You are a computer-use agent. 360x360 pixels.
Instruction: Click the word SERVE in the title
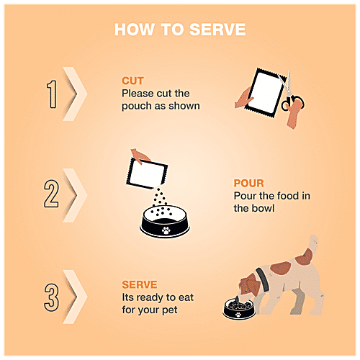click(217, 30)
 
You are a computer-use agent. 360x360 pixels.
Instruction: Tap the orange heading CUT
click(132, 81)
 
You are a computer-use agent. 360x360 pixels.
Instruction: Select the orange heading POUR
click(248, 183)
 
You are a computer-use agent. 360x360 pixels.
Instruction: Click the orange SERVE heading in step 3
click(140, 284)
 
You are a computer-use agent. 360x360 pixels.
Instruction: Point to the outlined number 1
click(53, 94)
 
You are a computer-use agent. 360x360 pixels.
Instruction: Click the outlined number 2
click(51, 194)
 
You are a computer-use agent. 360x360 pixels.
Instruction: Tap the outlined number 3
click(51, 297)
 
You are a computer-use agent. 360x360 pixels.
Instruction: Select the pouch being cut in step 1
click(265, 93)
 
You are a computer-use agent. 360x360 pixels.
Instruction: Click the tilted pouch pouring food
click(147, 174)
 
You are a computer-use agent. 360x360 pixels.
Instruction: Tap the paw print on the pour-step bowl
click(166, 230)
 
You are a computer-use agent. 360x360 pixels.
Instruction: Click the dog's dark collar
click(262, 279)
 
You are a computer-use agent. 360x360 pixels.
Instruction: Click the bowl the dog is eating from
click(239, 308)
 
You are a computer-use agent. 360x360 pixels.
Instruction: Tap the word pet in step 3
click(170, 310)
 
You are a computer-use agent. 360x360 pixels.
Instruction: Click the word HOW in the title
click(134, 30)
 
